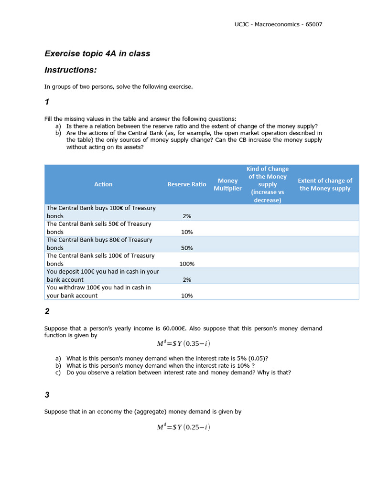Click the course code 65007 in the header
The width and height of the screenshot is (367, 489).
(x=313, y=24)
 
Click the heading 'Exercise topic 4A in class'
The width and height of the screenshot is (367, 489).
(x=97, y=53)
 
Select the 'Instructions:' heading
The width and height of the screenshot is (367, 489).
(x=70, y=70)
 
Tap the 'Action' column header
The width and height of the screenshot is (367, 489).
(x=103, y=184)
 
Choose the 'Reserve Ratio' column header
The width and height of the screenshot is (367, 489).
(x=186, y=184)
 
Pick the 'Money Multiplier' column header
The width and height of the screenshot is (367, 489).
(x=227, y=184)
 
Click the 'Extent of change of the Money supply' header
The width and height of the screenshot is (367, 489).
(x=324, y=184)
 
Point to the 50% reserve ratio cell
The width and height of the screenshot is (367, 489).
(x=186, y=248)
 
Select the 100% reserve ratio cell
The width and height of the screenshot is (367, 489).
(x=186, y=264)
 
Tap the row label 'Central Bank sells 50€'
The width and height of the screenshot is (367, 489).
(x=98, y=228)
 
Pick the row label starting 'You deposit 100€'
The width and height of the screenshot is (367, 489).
(x=102, y=276)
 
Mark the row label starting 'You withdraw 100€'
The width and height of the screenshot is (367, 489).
(x=98, y=291)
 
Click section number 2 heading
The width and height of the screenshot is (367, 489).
(x=47, y=311)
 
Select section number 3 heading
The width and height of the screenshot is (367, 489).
(x=47, y=395)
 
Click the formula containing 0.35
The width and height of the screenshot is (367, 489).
(x=183, y=344)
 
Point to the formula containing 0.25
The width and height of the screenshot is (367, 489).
(x=183, y=427)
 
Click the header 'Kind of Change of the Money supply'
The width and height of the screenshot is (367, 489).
(x=267, y=184)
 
